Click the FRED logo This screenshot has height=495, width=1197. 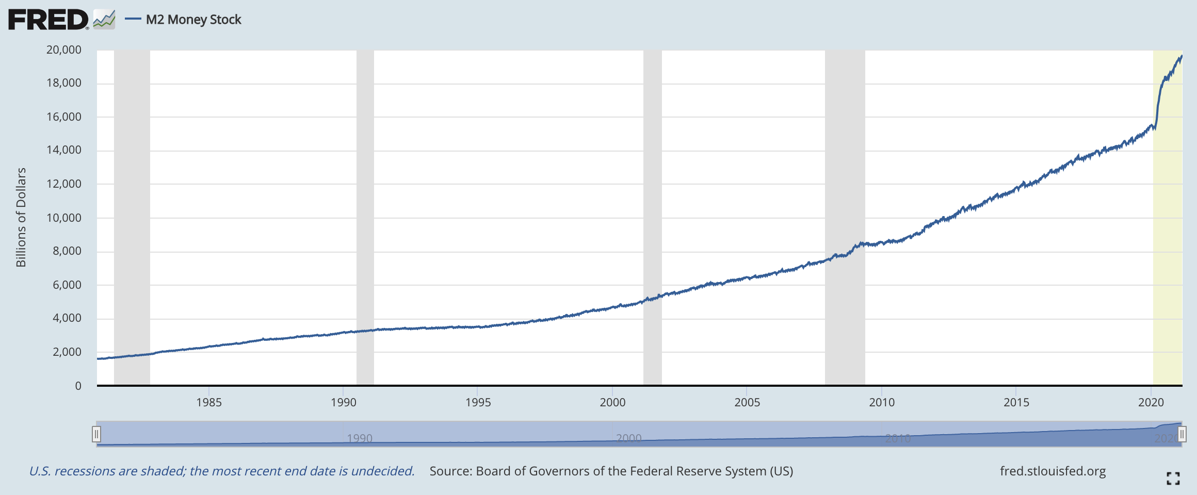point(48,20)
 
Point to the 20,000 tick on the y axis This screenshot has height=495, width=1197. point(64,50)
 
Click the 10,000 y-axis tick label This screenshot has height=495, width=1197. point(64,218)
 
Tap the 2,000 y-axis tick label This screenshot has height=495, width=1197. point(67,352)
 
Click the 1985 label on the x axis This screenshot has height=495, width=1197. point(209,403)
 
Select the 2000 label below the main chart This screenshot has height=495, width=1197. point(612,403)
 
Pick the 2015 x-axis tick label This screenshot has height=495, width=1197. point(1016,403)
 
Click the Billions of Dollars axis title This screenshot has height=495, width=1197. point(21,217)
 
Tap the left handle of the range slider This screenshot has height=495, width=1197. point(96,434)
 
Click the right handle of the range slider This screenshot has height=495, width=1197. point(1182,434)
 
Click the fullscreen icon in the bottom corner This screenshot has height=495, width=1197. point(1173,478)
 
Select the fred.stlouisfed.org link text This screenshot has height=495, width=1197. point(1053,471)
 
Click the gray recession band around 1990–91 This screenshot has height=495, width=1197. point(365,217)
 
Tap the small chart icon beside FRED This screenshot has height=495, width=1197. point(104,20)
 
